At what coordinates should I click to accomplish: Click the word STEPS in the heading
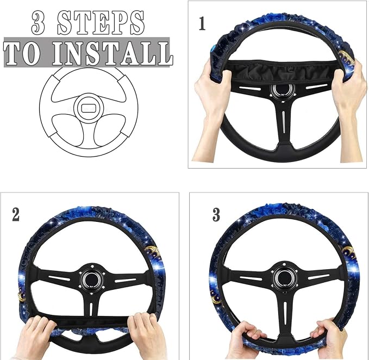coord(101,23)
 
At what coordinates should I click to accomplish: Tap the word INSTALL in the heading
coord(112,53)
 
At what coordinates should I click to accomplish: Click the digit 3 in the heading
coord(39,23)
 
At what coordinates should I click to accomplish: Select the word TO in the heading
coord(21,53)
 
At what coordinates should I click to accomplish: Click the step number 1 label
coord(202,23)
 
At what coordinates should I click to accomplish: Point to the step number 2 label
coord(16,214)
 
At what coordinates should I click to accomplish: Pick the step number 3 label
coord(216,214)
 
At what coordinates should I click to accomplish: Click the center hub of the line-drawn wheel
coord(89,108)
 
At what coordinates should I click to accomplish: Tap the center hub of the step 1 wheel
coord(283,90)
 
